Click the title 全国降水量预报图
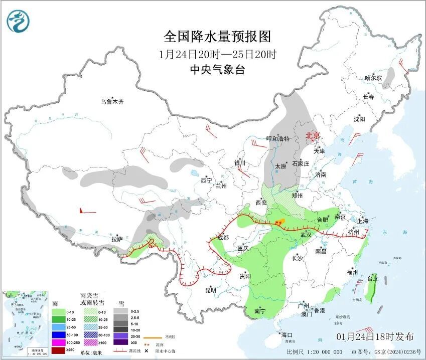coord(217,37)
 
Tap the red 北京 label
coord(313,136)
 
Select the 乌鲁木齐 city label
coord(111,102)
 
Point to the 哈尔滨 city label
coord(373,78)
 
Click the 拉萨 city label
coord(117,239)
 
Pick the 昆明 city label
coord(210,290)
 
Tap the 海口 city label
coord(287,335)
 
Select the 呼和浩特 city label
coord(278,139)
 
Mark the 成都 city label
coord(223,238)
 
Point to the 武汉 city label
coord(306,235)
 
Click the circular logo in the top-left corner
coord(19,21)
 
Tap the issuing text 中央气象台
coord(217,70)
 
